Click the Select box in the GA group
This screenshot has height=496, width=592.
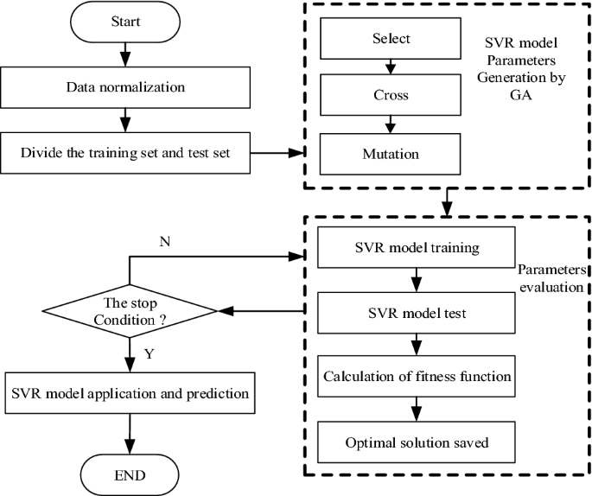coord(391,39)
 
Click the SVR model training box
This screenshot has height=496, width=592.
coord(417,248)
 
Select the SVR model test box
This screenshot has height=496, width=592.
coord(417,313)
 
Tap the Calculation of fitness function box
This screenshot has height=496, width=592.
coord(417,378)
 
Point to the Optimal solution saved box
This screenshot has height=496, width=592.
coord(417,442)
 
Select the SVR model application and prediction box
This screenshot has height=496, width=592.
coord(130,393)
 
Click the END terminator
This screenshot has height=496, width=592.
coord(129,474)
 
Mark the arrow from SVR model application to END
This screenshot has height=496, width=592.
coord(129,433)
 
